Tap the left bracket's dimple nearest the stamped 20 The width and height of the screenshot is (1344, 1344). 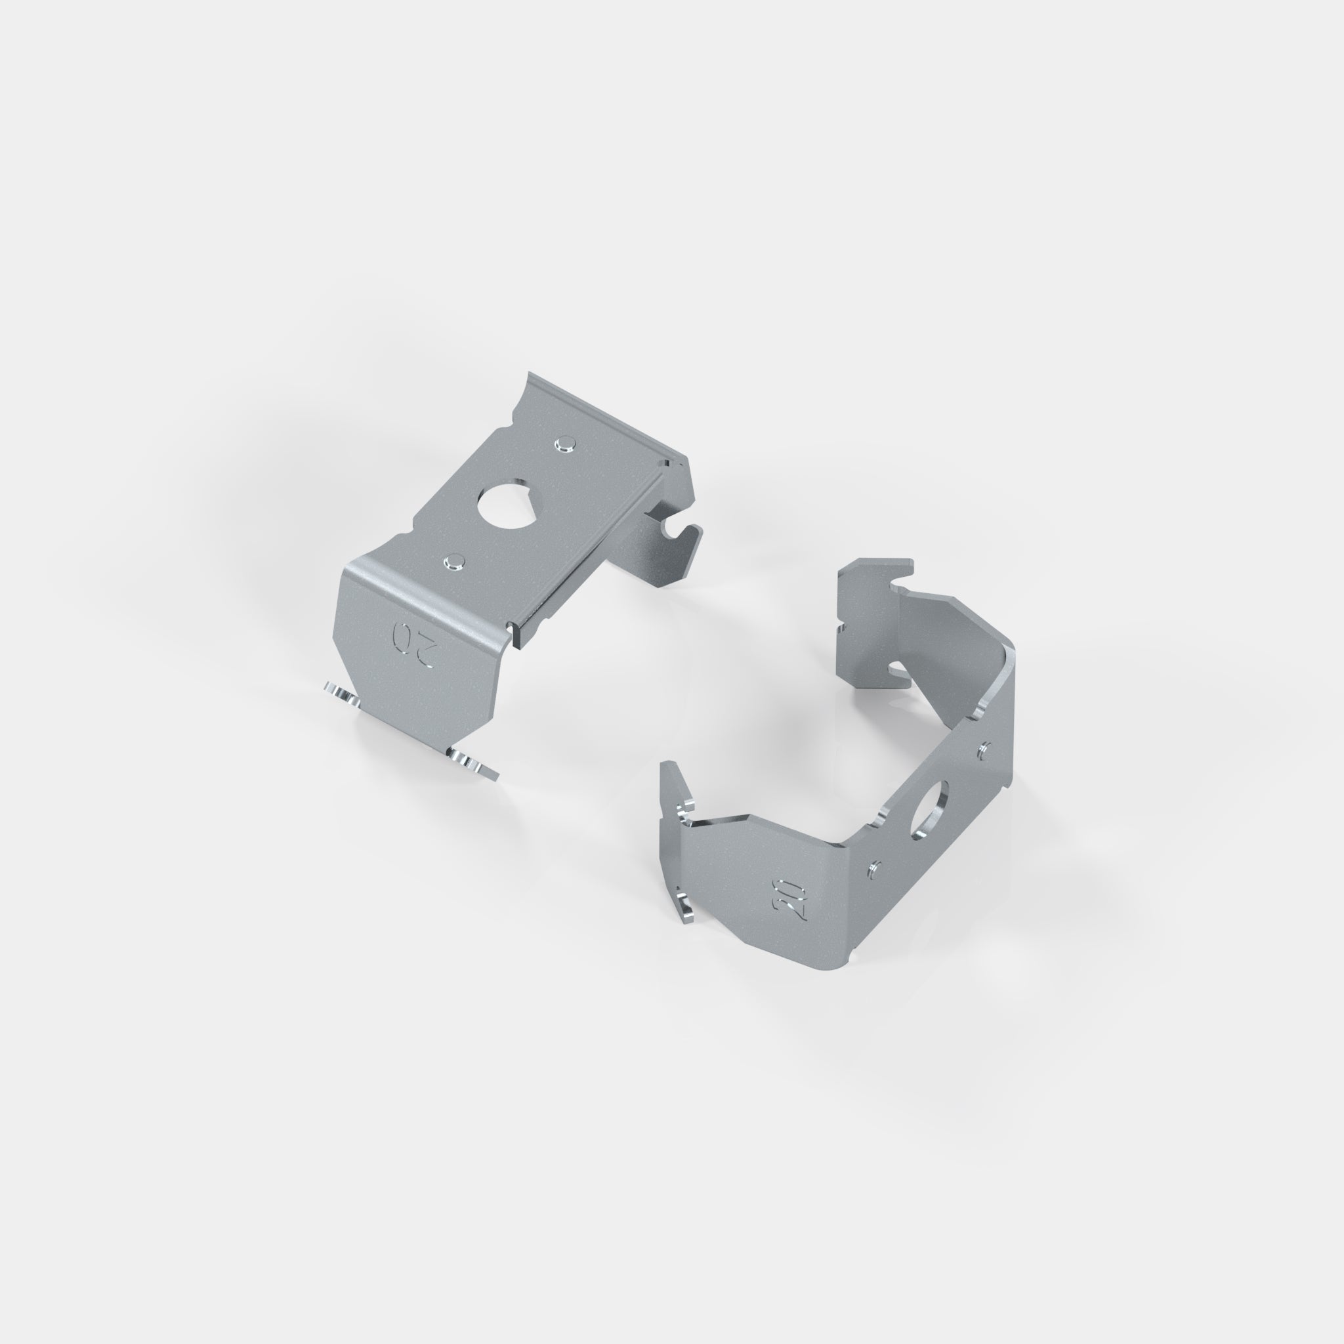[455, 560]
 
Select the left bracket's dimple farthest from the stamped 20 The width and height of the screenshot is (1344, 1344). [566, 442]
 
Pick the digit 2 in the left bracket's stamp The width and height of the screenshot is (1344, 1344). [427, 654]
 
